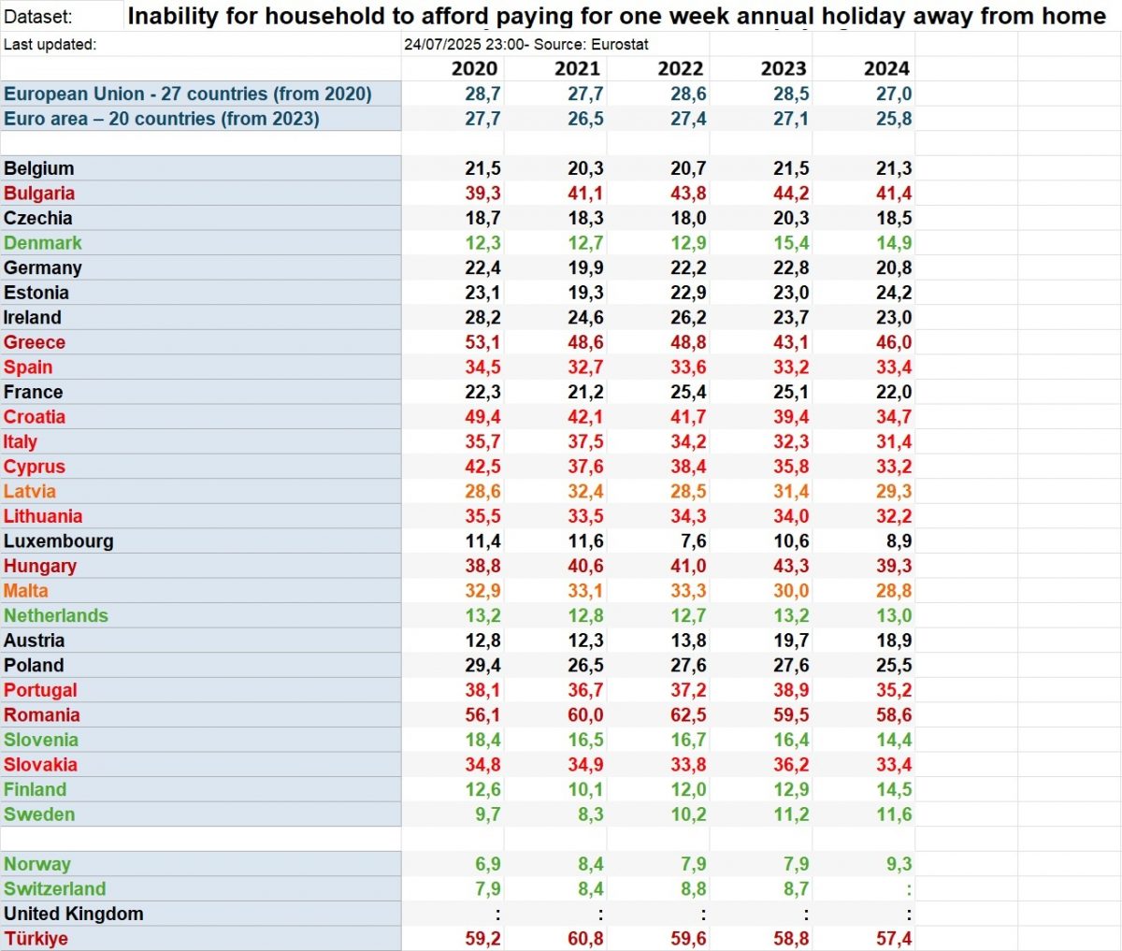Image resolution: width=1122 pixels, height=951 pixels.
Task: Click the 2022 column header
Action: click(680, 68)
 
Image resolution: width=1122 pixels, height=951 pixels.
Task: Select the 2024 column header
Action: click(885, 68)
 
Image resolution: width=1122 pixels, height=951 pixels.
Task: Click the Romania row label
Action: click(42, 715)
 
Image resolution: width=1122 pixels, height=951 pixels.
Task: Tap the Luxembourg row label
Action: click(59, 541)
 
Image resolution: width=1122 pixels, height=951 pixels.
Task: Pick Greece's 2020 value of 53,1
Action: click(482, 342)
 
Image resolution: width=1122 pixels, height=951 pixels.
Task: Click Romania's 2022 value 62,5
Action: click(688, 715)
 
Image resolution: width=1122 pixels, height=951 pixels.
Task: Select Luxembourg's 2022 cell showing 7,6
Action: click(694, 541)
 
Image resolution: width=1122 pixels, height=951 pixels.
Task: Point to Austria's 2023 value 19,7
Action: click(791, 641)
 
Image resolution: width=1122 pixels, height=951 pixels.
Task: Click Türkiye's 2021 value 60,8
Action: click(585, 939)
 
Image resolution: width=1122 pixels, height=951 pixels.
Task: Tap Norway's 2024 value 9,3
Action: click(899, 864)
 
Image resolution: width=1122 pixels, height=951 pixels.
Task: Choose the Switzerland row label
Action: click(55, 889)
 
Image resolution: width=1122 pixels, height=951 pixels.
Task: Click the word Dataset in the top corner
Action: click(37, 17)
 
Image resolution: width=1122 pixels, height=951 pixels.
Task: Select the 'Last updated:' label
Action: click(50, 45)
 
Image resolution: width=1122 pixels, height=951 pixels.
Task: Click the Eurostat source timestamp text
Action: click(525, 45)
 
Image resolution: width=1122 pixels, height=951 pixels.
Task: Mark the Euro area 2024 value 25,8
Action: click(894, 119)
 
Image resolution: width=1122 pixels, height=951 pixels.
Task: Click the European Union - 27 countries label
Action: click(188, 94)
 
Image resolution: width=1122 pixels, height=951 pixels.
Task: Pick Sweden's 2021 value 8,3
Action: click(590, 814)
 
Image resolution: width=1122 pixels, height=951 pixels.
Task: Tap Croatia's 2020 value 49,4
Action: click(482, 417)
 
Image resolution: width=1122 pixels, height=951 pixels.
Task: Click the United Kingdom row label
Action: click(74, 914)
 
